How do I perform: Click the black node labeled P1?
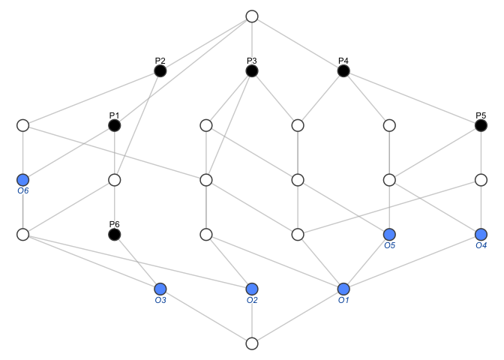(114, 125)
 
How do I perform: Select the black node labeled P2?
(160, 70)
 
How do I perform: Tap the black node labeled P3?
(252, 70)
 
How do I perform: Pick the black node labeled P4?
(343, 70)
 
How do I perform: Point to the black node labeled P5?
(481, 125)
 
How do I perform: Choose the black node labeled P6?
(114, 235)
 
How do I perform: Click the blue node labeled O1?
(343, 289)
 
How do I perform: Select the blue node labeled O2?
(252, 289)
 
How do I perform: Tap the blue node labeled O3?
(160, 289)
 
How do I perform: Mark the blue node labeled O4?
(481, 235)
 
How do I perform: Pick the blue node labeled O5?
(389, 235)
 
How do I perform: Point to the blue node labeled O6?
(22, 180)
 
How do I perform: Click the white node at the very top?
(252, 16)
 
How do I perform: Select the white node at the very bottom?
(252, 343)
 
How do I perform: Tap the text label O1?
(343, 301)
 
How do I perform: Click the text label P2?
(160, 60)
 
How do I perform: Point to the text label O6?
(22, 191)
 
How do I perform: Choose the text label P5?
(481, 115)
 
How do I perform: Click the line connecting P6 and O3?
(137, 262)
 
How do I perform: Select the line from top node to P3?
(252, 43)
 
